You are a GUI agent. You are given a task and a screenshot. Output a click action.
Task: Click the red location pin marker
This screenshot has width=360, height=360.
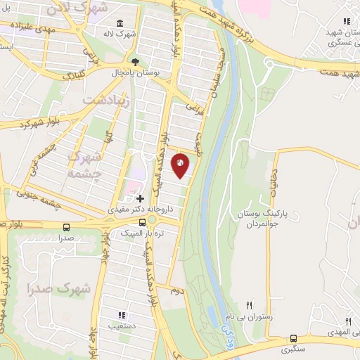(x=181, y=165)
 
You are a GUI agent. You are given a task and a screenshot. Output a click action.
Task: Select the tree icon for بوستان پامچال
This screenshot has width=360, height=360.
(x=136, y=62)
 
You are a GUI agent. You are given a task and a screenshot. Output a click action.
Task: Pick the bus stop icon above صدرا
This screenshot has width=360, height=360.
(x=66, y=227)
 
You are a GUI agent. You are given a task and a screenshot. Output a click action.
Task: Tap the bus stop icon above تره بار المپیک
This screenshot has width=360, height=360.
(x=143, y=221)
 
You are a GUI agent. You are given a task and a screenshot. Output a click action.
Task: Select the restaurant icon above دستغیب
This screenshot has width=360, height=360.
(x=121, y=315)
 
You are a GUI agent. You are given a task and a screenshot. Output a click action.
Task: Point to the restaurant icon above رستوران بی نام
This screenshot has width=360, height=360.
(x=249, y=306)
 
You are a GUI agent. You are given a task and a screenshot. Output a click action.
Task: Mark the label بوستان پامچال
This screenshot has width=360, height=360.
(x=136, y=72)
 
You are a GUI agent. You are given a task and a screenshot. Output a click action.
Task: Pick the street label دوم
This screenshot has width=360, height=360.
(x=177, y=290)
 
